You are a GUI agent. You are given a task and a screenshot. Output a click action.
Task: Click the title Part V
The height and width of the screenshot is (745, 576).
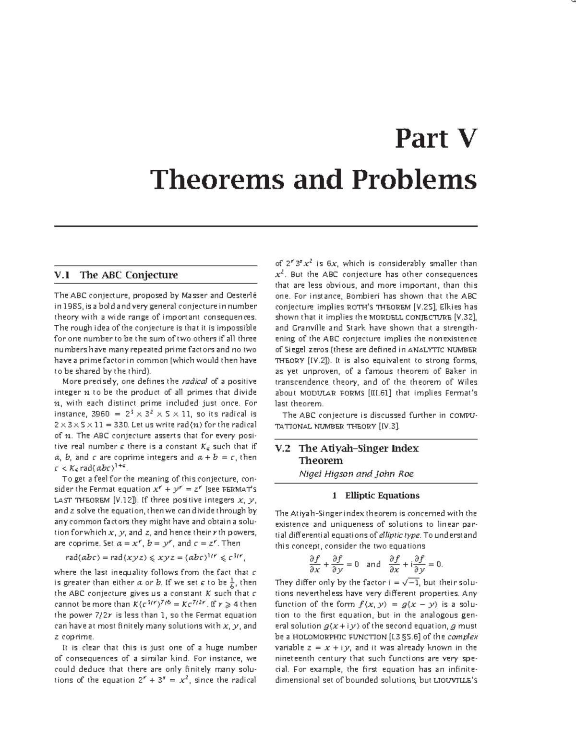pos(436,139)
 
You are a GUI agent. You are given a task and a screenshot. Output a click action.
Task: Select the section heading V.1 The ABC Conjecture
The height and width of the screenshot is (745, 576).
pos(116,275)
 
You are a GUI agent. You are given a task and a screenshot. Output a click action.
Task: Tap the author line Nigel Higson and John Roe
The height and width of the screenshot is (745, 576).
pos(356,473)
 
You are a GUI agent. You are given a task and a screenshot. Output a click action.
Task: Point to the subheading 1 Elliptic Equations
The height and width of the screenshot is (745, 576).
pos(376,496)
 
